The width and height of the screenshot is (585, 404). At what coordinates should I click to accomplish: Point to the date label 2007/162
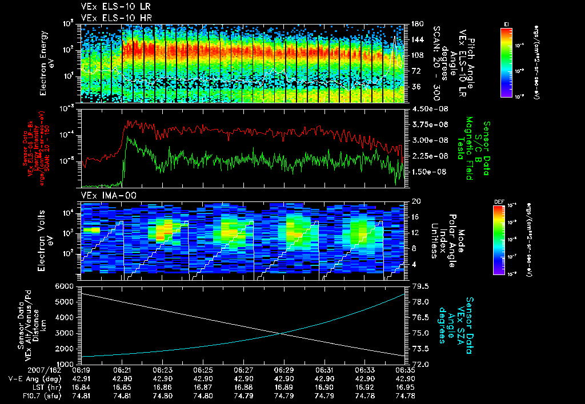coord(22,370)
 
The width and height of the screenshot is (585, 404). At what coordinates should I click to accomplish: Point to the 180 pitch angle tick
coord(417,24)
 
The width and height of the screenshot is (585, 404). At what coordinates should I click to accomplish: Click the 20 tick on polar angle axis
coord(416,201)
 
